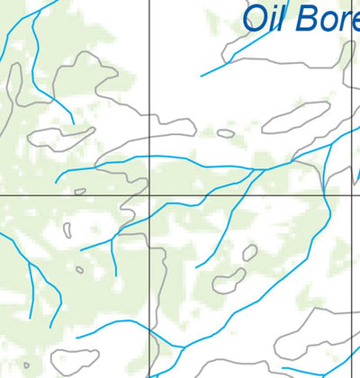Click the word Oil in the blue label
(269, 18)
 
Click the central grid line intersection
(148, 195)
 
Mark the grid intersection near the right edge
(351, 195)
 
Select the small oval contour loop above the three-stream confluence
(226, 133)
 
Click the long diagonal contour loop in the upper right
(295, 117)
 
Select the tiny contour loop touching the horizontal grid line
(80, 192)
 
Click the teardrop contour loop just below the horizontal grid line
(67, 229)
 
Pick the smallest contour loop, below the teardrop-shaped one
(80, 269)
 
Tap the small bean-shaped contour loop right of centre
(249, 252)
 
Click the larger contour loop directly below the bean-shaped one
(229, 280)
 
